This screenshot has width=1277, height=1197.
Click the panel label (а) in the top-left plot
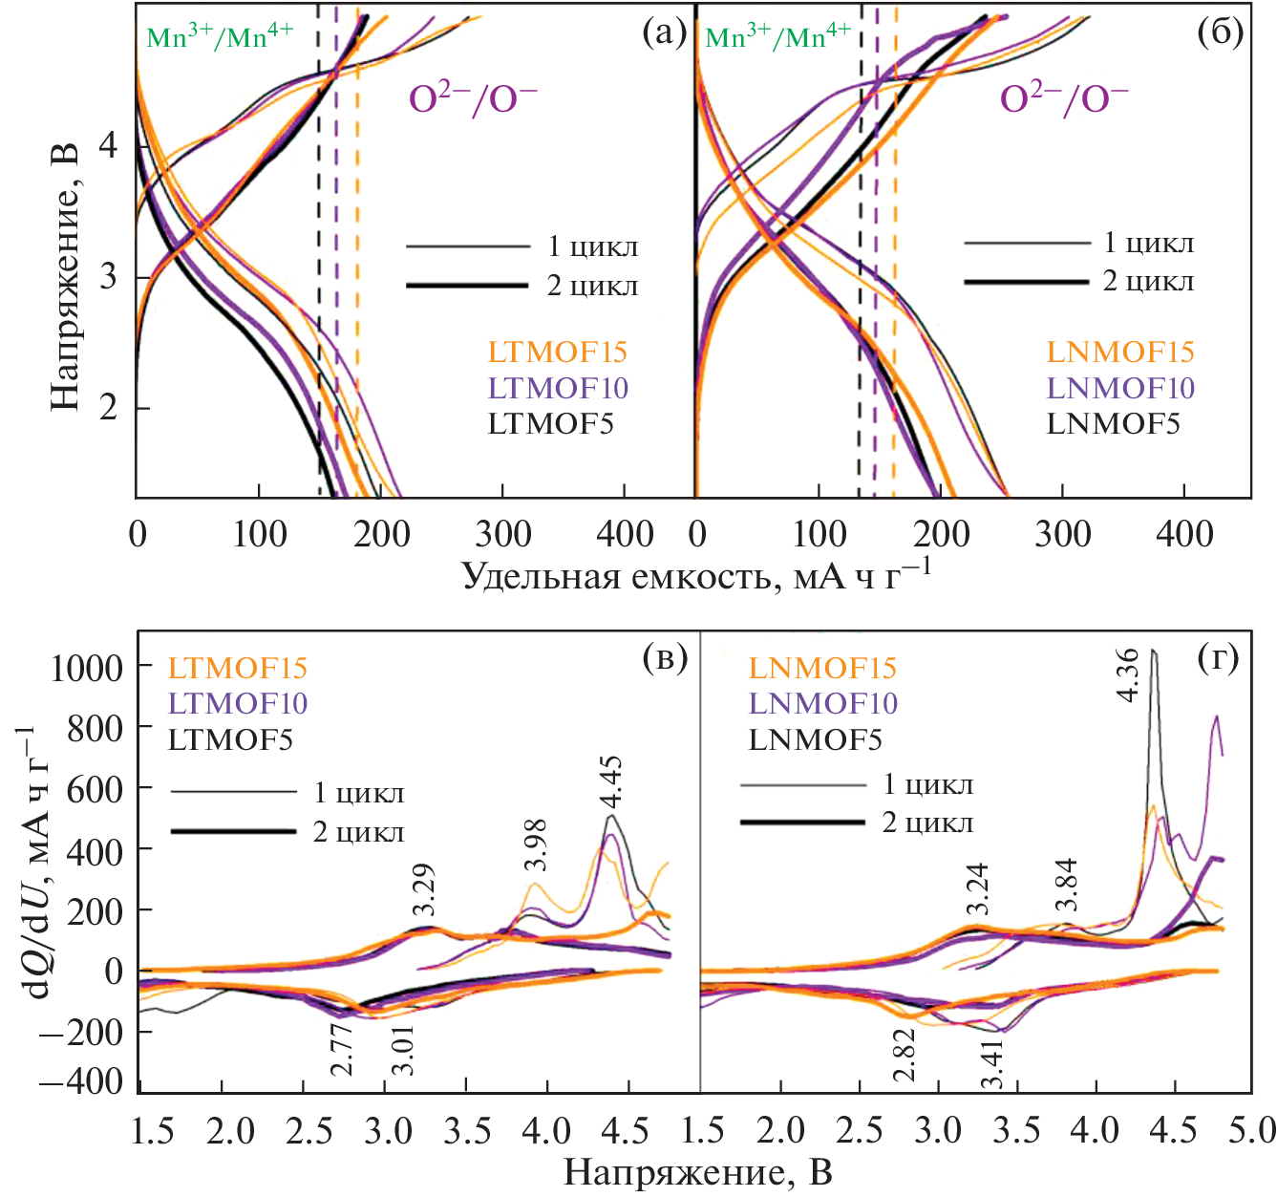point(665,33)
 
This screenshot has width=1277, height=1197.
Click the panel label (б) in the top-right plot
point(1220,33)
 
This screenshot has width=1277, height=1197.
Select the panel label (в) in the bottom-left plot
point(665,658)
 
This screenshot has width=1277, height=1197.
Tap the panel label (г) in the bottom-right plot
point(1218,658)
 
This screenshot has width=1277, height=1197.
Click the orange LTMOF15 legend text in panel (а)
point(558,352)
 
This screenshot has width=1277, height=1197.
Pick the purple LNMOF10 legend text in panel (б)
point(1120,388)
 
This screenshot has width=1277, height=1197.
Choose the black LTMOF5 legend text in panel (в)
point(230,739)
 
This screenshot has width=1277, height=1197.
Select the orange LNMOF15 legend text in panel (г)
point(822,668)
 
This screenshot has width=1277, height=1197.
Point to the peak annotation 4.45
point(610,782)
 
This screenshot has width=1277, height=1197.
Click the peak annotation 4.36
point(1127,674)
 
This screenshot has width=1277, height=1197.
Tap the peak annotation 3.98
point(536,844)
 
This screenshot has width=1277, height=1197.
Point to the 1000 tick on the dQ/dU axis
point(87,668)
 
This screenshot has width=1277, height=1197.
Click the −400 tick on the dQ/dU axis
point(80,1082)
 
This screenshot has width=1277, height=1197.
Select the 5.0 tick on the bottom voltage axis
point(1252,1131)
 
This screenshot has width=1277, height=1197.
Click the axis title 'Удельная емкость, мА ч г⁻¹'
point(697,575)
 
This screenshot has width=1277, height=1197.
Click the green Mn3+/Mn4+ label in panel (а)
point(221,36)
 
